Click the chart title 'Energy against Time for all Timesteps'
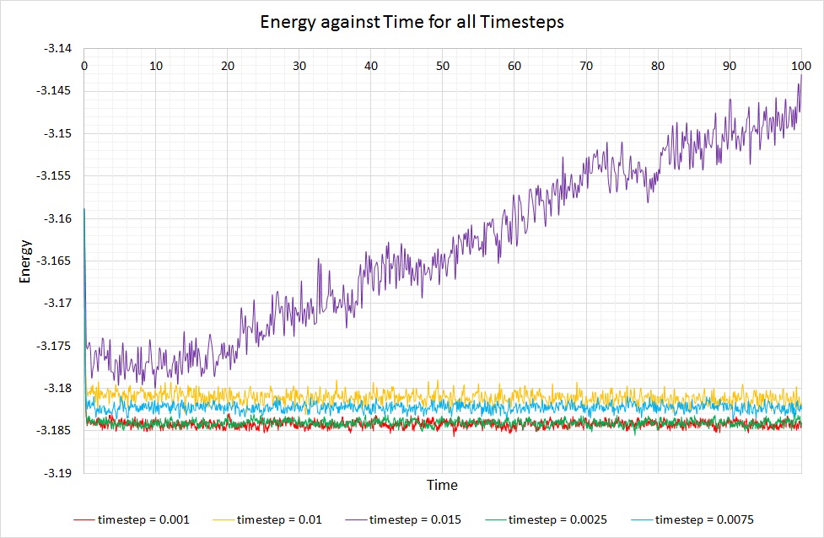coord(411,23)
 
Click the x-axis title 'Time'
coord(441,485)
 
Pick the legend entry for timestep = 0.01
coord(279,519)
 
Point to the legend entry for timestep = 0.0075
coord(703,519)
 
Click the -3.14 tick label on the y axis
coord(62,48)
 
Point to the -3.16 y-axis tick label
coord(62,218)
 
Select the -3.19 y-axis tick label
coord(62,473)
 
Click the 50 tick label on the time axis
coord(443,65)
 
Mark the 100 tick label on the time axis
coord(800,65)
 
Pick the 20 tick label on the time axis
coord(228,65)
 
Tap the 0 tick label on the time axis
coord(84,65)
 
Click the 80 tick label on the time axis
coord(658,65)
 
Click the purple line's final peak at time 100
coord(800,75)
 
